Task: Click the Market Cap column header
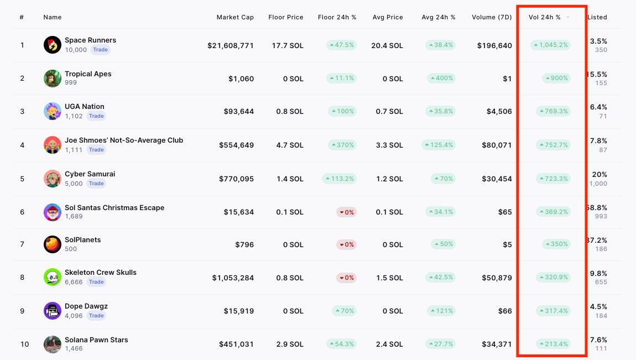tap(235, 17)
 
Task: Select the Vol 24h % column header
tap(544, 17)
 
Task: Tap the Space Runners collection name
tap(90, 40)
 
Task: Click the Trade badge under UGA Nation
tap(96, 116)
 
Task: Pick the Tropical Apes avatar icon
tap(52, 79)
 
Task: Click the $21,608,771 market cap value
tap(231, 45)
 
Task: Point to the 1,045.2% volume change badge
tap(550, 45)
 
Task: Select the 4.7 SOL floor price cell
tap(290, 145)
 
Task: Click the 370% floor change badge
tap(342, 145)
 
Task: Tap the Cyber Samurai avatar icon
tap(52, 179)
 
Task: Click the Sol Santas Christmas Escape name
tap(114, 208)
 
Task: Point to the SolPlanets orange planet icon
tap(52, 244)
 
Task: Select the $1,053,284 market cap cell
tap(233, 278)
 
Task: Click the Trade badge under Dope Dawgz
tap(96, 316)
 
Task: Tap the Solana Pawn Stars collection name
tap(96, 340)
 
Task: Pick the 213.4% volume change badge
tap(553, 344)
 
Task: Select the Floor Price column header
tap(286, 17)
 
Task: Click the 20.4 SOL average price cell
tap(387, 45)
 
